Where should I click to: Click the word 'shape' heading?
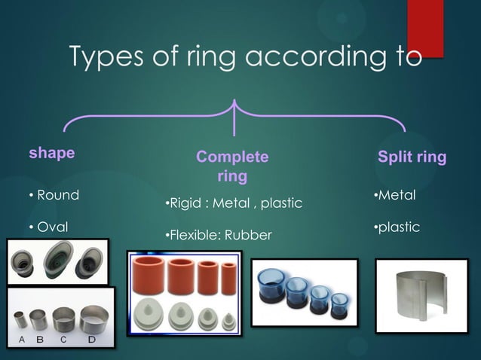[51, 153]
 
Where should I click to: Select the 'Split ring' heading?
[412, 157]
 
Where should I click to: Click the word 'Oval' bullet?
[53, 227]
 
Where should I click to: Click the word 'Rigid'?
[185, 203]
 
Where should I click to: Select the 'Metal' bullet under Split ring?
[397, 195]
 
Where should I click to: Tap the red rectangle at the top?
[425, 26]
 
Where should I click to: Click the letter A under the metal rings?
[22, 339]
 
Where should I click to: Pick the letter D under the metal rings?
[91, 339]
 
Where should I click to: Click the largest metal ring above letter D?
[92, 319]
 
